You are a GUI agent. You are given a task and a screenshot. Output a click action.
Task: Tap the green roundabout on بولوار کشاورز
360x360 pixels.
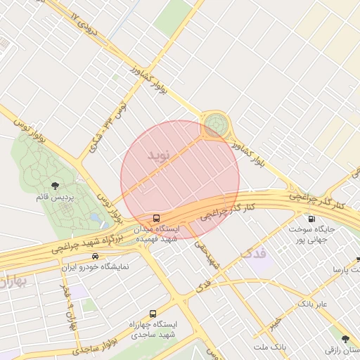pyautogui.click(x=215, y=126)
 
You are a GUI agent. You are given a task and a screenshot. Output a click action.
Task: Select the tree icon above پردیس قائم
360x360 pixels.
pyautogui.click(x=56, y=186)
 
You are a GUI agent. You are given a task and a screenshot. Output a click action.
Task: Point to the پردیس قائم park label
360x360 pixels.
pyautogui.click(x=55, y=198)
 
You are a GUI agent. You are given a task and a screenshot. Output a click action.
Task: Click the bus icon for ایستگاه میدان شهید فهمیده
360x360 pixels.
pyautogui.click(x=156, y=218)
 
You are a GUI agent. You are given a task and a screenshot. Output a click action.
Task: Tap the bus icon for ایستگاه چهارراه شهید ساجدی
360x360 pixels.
pyautogui.click(x=153, y=314)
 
